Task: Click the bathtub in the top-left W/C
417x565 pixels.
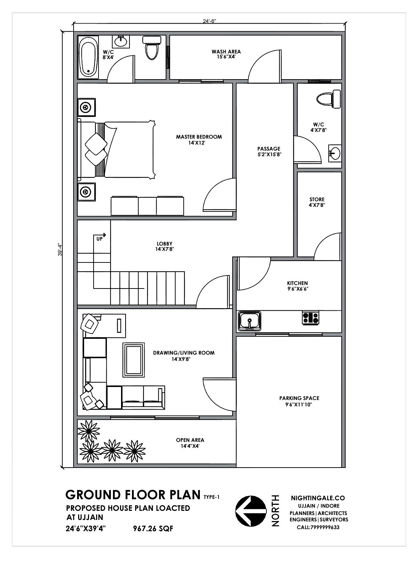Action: (x=88, y=58)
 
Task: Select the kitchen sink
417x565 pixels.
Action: (x=249, y=321)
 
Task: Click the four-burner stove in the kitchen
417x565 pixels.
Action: (x=310, y=318)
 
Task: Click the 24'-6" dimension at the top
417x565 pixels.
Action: (x=209, y=21)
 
